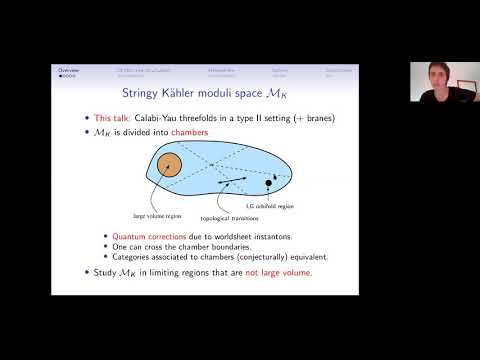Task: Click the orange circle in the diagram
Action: [170, 167]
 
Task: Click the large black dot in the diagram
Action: [267, 185]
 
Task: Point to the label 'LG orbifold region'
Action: [295, 205]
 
